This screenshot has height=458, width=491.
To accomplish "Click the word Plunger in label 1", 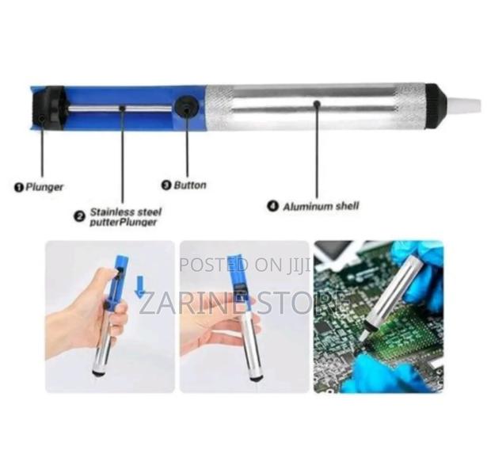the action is coord(44,187).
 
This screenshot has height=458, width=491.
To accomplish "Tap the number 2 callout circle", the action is coord(79,216).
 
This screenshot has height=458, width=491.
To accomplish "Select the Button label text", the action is coord(190,185).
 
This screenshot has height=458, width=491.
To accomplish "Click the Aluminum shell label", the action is coord(321,206).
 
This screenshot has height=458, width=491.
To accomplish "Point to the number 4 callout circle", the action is coord(272,206).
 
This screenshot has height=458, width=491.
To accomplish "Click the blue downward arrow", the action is coord(139,288).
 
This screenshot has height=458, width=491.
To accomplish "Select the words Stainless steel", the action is coord(126,212).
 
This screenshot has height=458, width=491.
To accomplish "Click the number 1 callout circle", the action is coord(19,188).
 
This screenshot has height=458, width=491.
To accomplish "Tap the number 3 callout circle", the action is coord(166,185).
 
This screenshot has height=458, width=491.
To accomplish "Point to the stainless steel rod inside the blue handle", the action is coord(120,109).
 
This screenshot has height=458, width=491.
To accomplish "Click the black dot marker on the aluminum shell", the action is coord(317,103).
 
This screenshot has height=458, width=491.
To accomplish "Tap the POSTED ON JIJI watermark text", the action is coord(245,265).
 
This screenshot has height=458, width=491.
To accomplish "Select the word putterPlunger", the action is coord(123,223).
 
